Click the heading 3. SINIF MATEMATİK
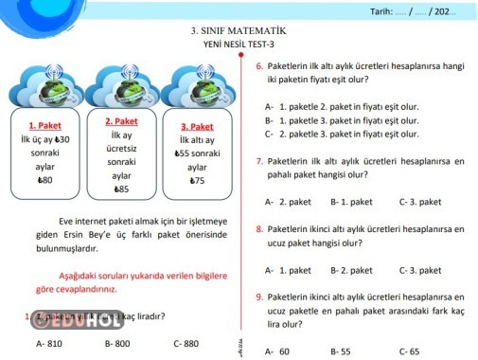coord(238,30)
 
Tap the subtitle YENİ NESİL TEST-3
coord(239,45)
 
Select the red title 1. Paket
coord(45,125)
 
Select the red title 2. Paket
coord(121,121)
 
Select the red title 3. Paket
coord(197,126)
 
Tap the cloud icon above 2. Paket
coord(121,86)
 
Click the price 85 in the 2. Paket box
coord(121,189)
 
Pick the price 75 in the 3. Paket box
coord(197,180)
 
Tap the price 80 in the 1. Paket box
coord(44,180)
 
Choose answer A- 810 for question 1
coord(48,343)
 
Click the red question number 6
coord(259,66)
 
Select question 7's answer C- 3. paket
coord(419,202)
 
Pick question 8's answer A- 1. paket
coord(288,270)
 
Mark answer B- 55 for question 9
coord(341,351)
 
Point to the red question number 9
coord(259,297)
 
